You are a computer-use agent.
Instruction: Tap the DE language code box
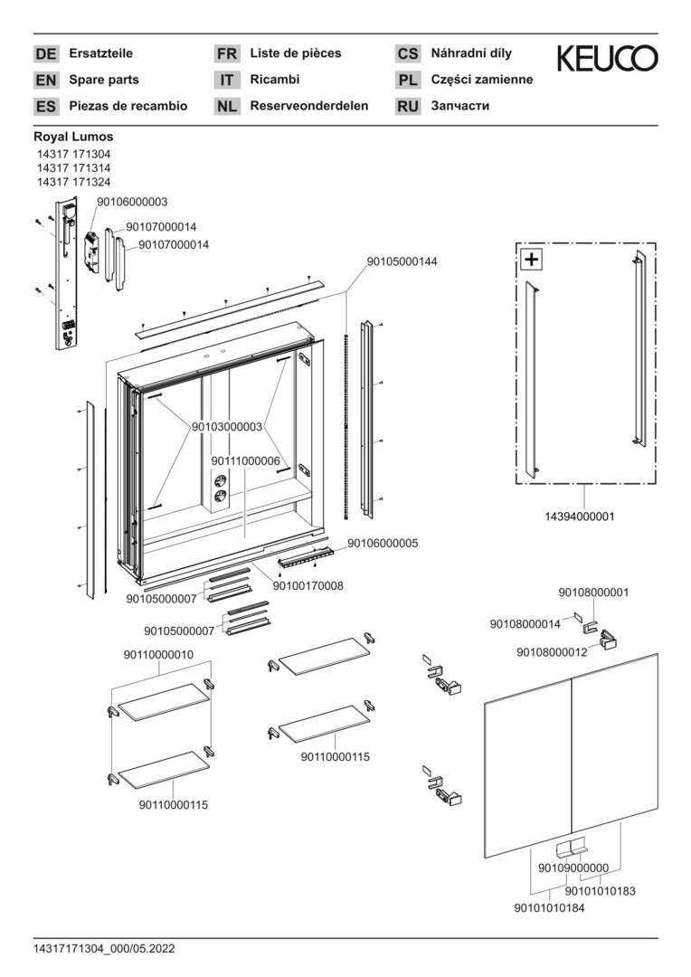pyautogui.click(x=45, y=54)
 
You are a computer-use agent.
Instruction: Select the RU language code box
pyautogui.click(x=408, y=107)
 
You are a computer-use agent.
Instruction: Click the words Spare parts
pyautogui.click(x=104, y=80)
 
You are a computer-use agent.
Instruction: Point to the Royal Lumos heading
pyautogui.click(x=73, y=138)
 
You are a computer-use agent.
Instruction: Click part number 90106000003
pyautogui.click(x=132, y=203)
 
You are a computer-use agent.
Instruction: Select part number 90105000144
pyautogui.click(x=402, y=261)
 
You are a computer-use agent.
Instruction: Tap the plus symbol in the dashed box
pyautogui.click(x=531, y=260)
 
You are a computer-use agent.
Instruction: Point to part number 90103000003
pyautogui.click(x=227, y=427)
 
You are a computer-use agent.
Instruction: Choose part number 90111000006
pyautogui.click(x=245, y=460)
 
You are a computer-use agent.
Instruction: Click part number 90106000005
pyautogui.click(x=383, y=543)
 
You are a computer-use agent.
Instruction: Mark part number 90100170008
pyautogui.click(x=308, y=586)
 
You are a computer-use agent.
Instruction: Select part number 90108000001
pyautogui.click(x=592, y=593)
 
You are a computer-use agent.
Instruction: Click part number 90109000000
pyautogui.click(x=573, y=868)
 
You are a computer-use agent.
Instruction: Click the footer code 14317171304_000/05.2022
pyautogui.click(x=105, y=949)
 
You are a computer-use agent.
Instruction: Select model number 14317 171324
pyautogui.click(x=73, y=182)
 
